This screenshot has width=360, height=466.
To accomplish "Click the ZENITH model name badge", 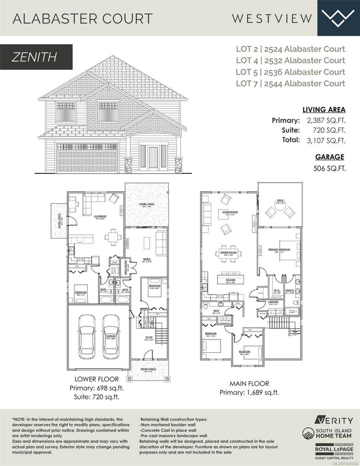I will (x=36, y=57).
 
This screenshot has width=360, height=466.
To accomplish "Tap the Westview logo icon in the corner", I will (x=339, y=17).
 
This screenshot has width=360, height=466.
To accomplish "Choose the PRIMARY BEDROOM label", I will (x=279, y=249).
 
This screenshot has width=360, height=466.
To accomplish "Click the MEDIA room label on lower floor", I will (x=146, y=259).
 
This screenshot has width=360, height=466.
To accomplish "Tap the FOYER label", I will (x=149, y=337).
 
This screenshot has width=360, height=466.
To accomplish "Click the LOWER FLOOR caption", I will (x=96, y=379).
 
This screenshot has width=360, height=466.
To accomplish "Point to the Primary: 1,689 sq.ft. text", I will (x=249, y=392).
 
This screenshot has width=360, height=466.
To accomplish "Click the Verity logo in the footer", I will (x=334, y=420).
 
